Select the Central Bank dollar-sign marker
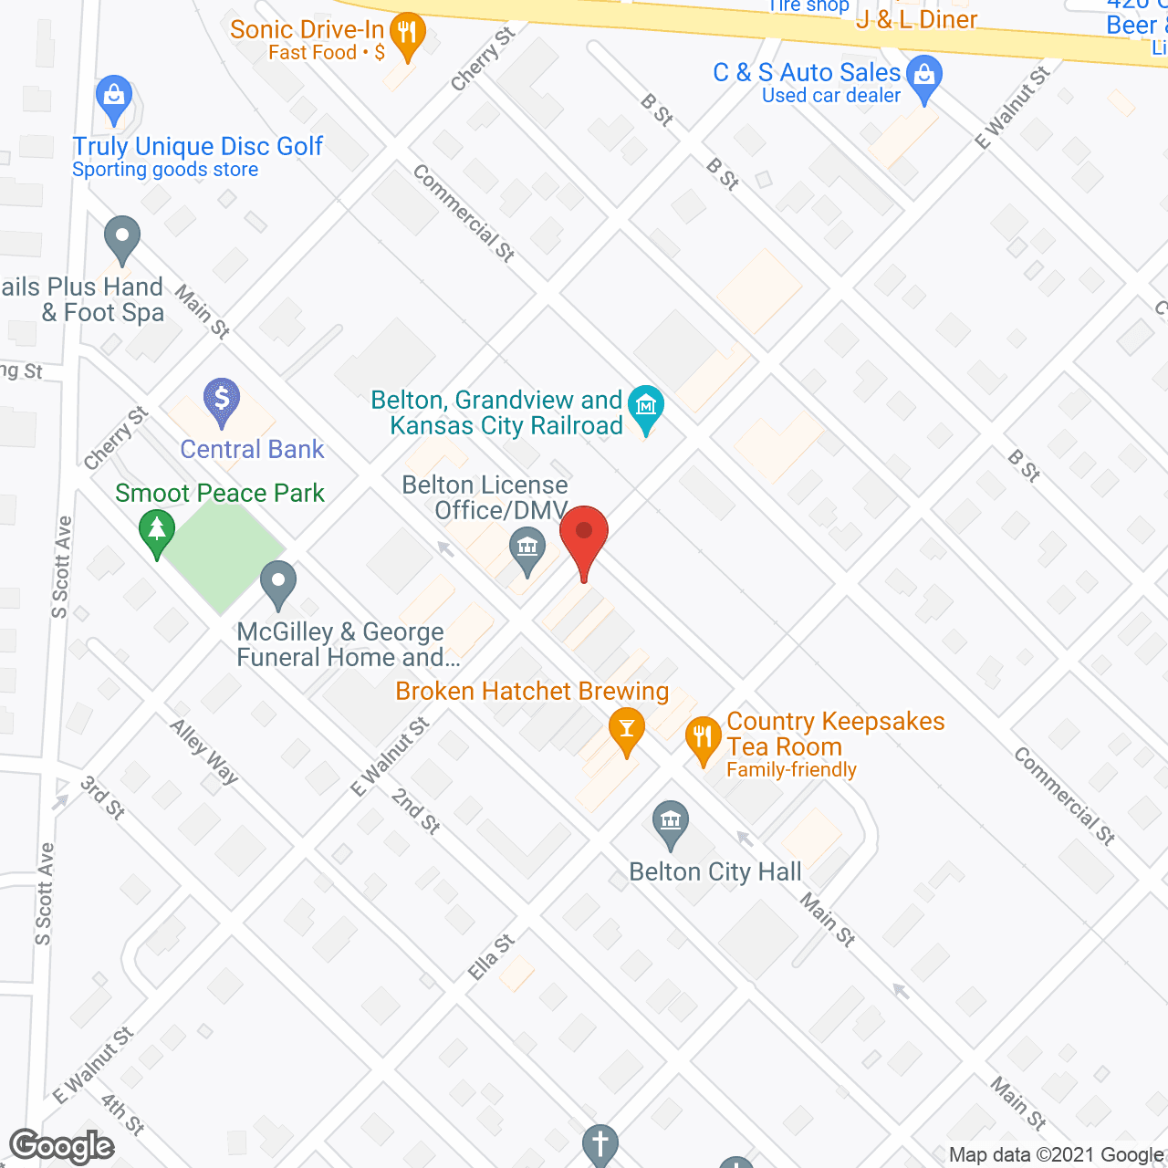[x=221, y=400]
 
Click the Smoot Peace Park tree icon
[x=157, y=531]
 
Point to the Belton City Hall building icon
[x=671, y=822]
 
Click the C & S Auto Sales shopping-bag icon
[x=925, y=77]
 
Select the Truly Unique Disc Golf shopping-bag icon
[x=114, y=97]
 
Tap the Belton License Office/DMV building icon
[x=527, y=549]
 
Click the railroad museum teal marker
[x=646, y=407]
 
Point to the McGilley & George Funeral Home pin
[x=278, y=582]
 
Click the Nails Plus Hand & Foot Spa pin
[x=121, y=237]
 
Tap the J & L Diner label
[x=916, y=20]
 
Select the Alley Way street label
[x=204, y=751]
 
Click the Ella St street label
[x=491, y=957]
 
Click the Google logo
[x=62, y=1147]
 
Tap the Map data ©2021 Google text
[x=1057, y=1155]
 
